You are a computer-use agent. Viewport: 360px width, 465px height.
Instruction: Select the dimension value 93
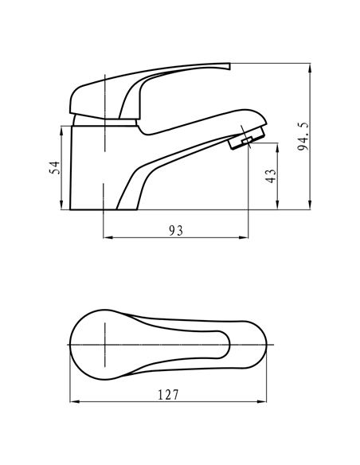[x=176, y=230]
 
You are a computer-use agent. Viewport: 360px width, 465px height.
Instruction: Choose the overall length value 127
[x=167, y=394]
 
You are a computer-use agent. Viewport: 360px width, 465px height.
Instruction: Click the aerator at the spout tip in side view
[x=241, y=142]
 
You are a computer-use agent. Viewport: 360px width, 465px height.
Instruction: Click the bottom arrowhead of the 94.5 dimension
[x=309, y=208]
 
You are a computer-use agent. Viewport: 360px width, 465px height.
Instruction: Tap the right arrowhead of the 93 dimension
[x=243, y=237]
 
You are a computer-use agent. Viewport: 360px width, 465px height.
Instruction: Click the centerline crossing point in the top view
[x=104, y=343]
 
